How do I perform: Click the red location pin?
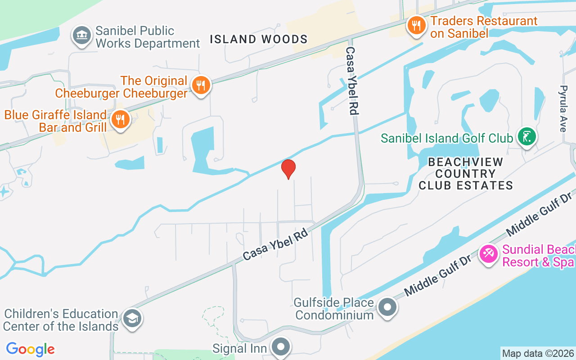pyautogui.click(x=288, y=169)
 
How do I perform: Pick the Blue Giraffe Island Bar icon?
pyautogui.click(x=120, y=120)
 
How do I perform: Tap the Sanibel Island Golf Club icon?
pyautogui.click(x=526, y=136)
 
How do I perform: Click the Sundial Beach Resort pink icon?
pyautogui.click(x=489, y=254)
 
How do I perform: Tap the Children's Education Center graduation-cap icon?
pyautogui.click(x=132, y=319)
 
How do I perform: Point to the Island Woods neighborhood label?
pyautogui.click(x=259, y=40)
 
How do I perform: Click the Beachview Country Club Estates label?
pyautogui.click(x=466, y=174)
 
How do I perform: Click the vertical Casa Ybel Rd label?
pyautogui.click(x=352, y=81)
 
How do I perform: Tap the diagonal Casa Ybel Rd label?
pyautogui.click(x=275, y=245)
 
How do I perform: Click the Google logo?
pyautogui.click(x=31, y=349)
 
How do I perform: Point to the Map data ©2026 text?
pyautogui.click(x=538, y=354)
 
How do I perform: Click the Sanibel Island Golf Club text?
pyautogui.click(x=447, y=138)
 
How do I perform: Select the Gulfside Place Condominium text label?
pyautogui.click(x=334, y=308)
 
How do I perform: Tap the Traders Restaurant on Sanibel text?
pyautogui.click(x=483, y=27)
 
